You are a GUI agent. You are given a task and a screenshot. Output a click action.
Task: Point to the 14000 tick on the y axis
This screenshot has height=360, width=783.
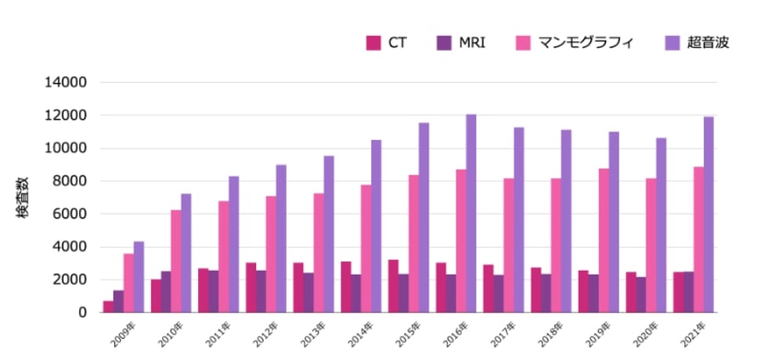click(69, 83)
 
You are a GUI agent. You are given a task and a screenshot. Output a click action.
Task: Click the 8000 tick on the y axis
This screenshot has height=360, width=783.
click(72, 182)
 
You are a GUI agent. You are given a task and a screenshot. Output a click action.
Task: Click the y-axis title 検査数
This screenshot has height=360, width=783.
click(24, 198)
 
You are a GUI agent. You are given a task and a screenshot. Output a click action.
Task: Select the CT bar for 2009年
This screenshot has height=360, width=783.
click(108, 307)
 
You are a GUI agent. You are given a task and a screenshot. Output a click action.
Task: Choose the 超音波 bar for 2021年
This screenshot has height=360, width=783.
click(709, 214)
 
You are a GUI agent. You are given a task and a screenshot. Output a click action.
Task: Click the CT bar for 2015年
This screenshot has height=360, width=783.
click(394, 286)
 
